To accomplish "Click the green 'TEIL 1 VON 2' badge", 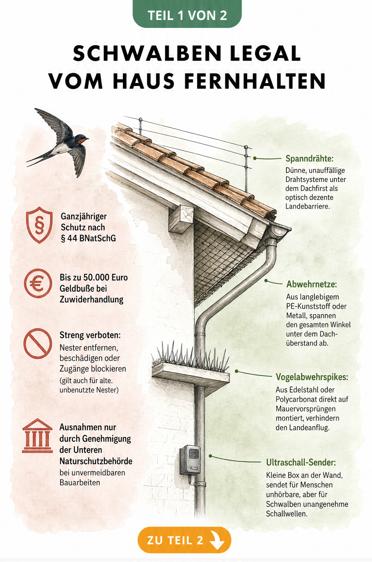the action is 187,14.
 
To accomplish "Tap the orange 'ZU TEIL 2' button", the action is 184,540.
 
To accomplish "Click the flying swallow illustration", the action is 58,142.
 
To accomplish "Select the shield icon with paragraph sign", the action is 39,225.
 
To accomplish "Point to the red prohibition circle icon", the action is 38,343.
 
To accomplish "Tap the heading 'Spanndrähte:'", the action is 310,158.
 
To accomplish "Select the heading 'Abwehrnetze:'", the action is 311,284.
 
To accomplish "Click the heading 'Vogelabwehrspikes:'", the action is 312,377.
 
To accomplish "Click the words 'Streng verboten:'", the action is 90,335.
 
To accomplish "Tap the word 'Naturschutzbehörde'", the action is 96,461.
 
